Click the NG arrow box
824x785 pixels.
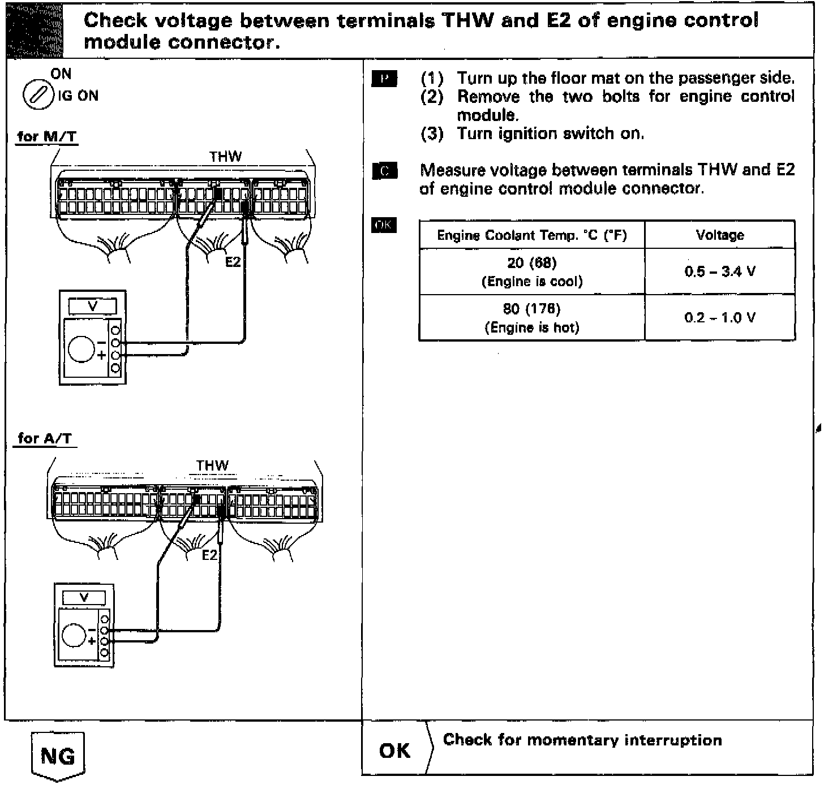[57, 756]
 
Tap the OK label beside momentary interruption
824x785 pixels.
[394, 751]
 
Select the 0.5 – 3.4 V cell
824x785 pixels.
[719, 271]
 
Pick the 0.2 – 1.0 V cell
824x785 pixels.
[719, 318]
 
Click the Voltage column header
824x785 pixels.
[719, 235]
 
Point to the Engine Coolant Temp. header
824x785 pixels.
[531, 235]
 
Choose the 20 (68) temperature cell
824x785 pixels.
[531, 271]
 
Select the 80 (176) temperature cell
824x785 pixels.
[531, 318]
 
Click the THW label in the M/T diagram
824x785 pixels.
[225, 157]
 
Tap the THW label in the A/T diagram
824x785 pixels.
[212, 465]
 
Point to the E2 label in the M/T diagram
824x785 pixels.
[233, 262]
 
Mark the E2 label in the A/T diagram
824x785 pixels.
[209, 555]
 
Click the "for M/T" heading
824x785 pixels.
[47, 136]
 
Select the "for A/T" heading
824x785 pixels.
[45, 438]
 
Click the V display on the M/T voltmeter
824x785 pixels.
[93, 306]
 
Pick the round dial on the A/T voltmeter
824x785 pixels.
[74, 635]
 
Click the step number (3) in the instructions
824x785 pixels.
[432, 134]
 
